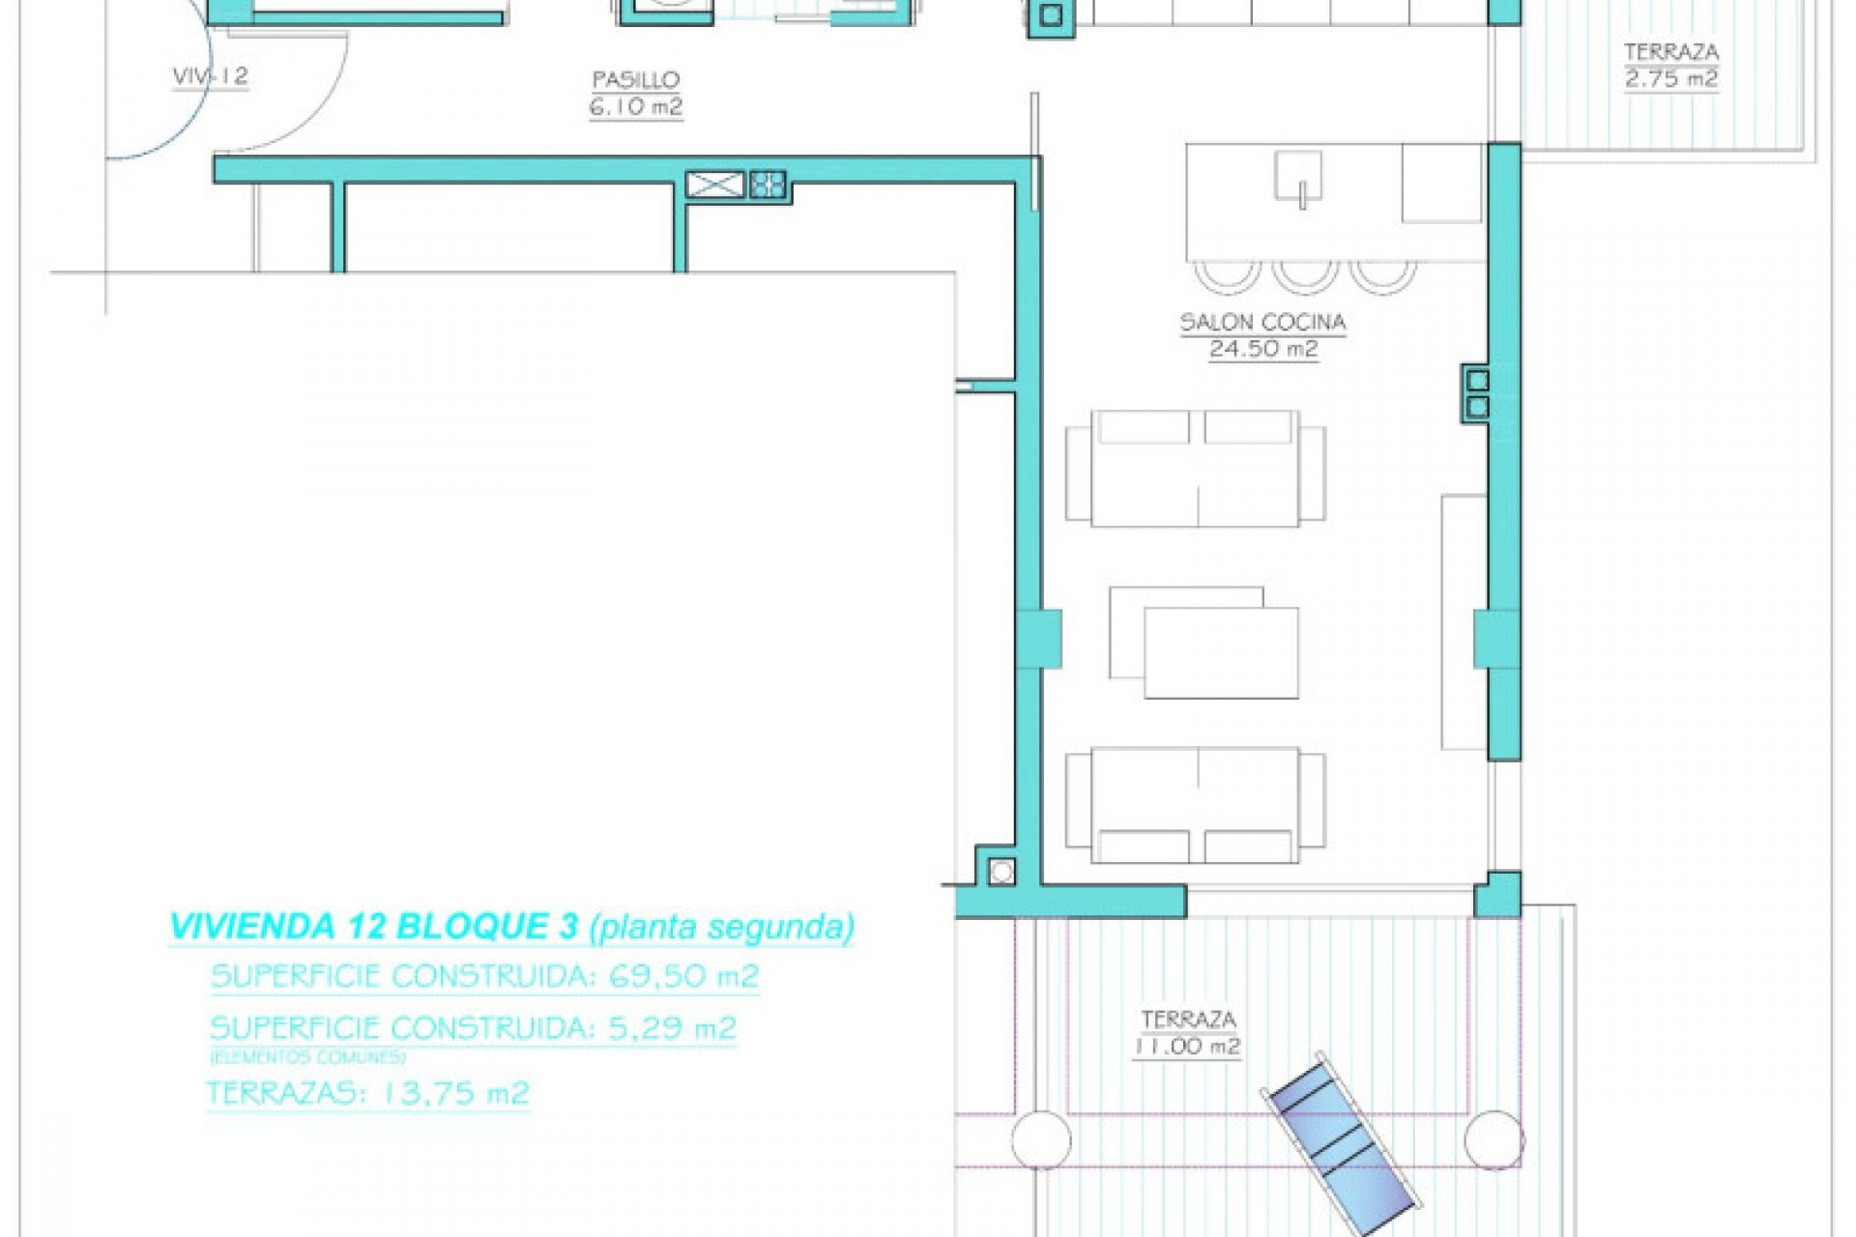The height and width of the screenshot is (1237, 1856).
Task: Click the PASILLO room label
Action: click(635, 80)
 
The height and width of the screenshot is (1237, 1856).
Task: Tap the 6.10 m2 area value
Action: click(635, 106)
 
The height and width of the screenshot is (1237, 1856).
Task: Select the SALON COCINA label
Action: click(1262, 323)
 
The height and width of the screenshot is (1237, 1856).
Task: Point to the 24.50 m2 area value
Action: click(1262, 349)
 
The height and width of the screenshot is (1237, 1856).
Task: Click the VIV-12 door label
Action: click(210, 76)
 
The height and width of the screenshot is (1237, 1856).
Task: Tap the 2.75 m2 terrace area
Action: click(1670, 79)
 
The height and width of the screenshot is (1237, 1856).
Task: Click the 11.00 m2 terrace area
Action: click(1188, 1046)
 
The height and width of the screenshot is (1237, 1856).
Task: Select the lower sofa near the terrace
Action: click(1195, 805)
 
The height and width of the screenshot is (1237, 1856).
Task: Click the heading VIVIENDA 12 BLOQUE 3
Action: click(373, 926)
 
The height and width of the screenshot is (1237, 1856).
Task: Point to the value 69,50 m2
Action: click(683, 976)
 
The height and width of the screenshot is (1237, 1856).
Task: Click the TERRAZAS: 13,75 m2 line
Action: click(367, 1093)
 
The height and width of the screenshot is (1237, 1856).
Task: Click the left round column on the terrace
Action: click(1041, 1140)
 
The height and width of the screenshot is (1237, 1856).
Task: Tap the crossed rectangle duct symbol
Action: click(715, 184)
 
